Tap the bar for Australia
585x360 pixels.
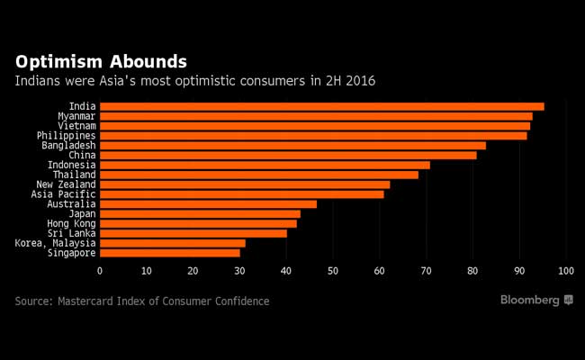click(x=208, y=204)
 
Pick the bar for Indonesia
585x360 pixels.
click(x=265, y=165)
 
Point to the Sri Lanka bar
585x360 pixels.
click(x=193, y=233)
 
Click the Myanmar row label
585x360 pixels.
click(x=76, y=116)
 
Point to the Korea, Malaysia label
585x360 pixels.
click(x=55, y=243)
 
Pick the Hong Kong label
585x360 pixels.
click(x=71, y=223)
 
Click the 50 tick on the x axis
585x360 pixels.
click(x=333, y=271)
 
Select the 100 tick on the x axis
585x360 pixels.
click(x=566, y=271)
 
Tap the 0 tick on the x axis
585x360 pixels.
click(x=100, y=271)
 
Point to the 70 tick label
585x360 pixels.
click(x=427, y=271)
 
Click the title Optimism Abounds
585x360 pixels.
click(x=101, y=62)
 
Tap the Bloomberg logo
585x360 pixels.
click(x=536, y=300)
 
